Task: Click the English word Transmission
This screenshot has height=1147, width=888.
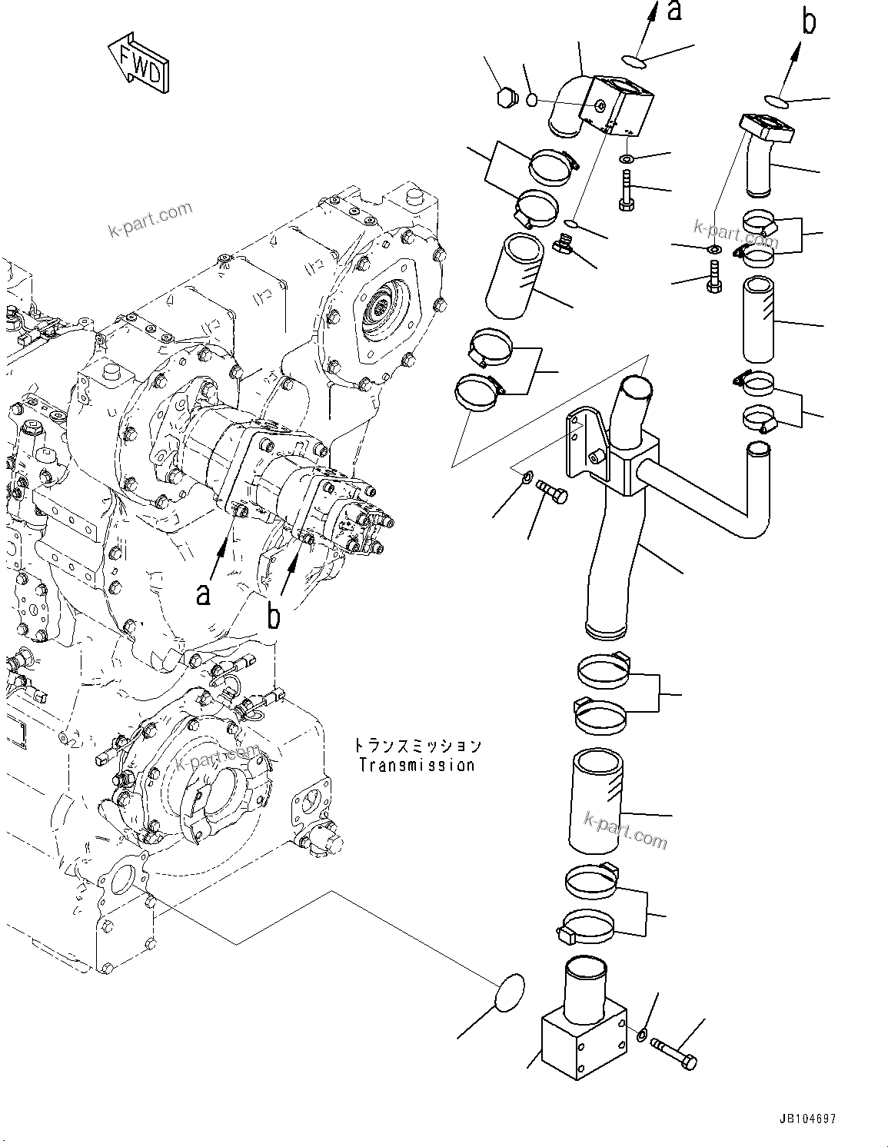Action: (x=417, y=765)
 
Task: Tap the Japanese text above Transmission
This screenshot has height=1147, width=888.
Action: (x=417, y=745)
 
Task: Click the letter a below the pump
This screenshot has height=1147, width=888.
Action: (x=203, y=593)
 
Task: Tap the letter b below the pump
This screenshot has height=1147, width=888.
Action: (x=273, y=616)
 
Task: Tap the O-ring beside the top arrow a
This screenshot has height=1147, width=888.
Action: (x=630, y=59)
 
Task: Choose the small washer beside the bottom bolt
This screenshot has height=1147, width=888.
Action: (x=643, y=1032)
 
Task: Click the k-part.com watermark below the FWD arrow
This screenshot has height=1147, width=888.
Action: (x=151, y=219)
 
